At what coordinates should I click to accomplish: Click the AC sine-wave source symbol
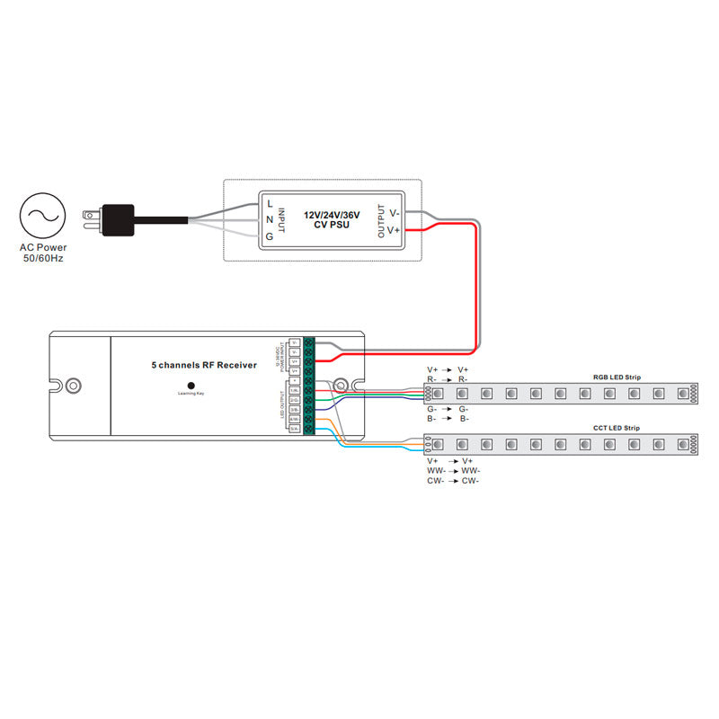point(42,215)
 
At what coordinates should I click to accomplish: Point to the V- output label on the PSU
point(393,213)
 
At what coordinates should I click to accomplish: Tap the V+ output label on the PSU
point(393,231)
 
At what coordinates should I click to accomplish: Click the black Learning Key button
point(191,386)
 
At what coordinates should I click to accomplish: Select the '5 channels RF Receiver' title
point(204,365)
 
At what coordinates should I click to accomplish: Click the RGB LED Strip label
point(617,377)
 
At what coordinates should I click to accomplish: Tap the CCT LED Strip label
point(617,429)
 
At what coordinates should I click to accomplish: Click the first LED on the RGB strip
point(439,393)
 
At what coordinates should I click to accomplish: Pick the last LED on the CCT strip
point(680,444)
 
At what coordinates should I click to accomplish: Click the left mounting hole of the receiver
point(74,385)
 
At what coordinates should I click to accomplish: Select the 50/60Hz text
point(42,259)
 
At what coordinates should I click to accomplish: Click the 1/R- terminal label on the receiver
point(295,390)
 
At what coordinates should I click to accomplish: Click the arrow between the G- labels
point(447,409)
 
